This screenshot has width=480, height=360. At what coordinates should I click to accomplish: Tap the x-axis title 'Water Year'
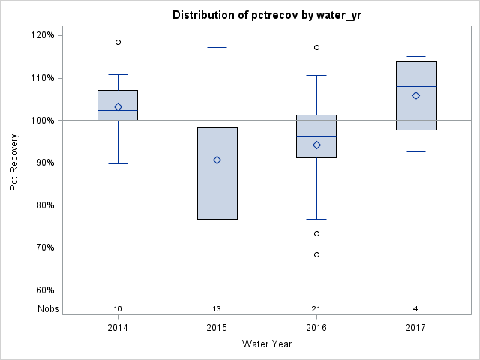tap(266, 344)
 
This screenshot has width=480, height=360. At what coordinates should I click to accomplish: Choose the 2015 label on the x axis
tap(217, 328)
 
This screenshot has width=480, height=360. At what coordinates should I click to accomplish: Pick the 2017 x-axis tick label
tap(415, 328)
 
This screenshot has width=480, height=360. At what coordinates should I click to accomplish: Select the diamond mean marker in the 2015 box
tap(217, 160)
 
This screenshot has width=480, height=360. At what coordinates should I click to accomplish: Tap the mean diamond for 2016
tap(316, 145)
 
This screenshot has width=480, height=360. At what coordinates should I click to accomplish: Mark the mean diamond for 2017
tap(415, 95)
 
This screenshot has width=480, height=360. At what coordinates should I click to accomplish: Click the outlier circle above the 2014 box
tap(118, 42)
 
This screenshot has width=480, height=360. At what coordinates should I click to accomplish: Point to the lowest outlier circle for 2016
tap(316, 254)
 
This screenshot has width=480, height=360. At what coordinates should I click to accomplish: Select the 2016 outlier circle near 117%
tap(316, 47)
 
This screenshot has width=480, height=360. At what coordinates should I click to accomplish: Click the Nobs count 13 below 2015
tap(217, 309)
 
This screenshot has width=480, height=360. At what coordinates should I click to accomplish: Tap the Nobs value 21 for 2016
tap(316, 309)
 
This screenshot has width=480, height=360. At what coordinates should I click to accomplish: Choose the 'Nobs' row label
tap(46, 309)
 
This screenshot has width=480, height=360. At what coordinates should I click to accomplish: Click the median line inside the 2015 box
tap(217, 142)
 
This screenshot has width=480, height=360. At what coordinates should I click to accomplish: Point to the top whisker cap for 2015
tap(217, 47)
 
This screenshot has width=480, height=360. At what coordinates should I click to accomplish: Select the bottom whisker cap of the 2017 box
tap(415, 151)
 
